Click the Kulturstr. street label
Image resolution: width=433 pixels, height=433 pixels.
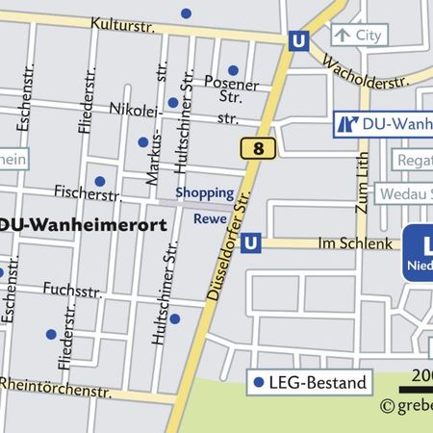coord(120,23)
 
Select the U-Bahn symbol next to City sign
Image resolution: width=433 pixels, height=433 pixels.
coord(298,41)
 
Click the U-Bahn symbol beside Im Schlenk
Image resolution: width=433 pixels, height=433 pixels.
coord(251,242)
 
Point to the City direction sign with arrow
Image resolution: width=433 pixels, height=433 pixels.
coord(358,36)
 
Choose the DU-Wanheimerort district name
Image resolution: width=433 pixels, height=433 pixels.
coord(82,224)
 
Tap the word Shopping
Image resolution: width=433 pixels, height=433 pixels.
coord(204,193)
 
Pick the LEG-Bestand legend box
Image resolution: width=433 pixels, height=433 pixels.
coord(309,382)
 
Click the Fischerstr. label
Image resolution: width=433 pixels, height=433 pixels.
coord(79,191)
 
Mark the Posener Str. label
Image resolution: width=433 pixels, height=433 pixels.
coord(232,89)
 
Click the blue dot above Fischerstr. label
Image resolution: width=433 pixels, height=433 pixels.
coord(99,181)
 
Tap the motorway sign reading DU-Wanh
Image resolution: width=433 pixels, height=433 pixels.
coord(383,124)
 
